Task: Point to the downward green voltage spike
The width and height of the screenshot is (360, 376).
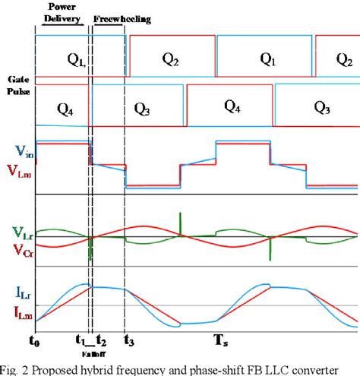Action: (x=90, y=251)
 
